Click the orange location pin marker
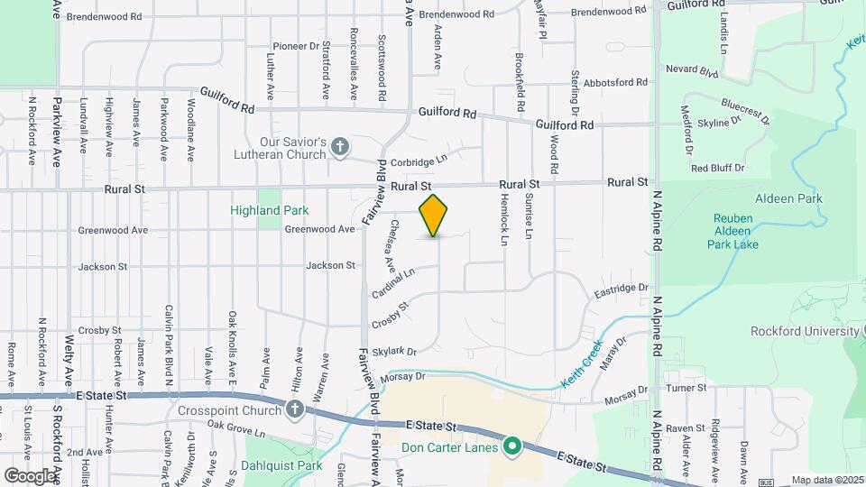pyautogui.click(x=434, y=215)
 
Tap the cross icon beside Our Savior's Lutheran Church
pyautogui.click(x=340, y=147)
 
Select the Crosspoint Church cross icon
pyautogui.click(x=294, y=410)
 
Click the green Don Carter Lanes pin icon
pyautogui.click(x=512, y=445)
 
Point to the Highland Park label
pyautogui.click(x=269, y=210)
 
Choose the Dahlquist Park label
pyautogui.click(x=281, y=466)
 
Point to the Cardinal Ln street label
pyautogui.click(x=392, y=283)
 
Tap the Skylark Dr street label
pyautogui.click(x=395, y=351)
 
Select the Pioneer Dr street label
pyautogui.click(x=297, y=46)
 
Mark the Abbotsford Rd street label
pyautogui.click(x=616, y=82)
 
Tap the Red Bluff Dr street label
pyautogui.click(x=717, y=168)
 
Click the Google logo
pyautogui.click(x=29, y=475)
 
